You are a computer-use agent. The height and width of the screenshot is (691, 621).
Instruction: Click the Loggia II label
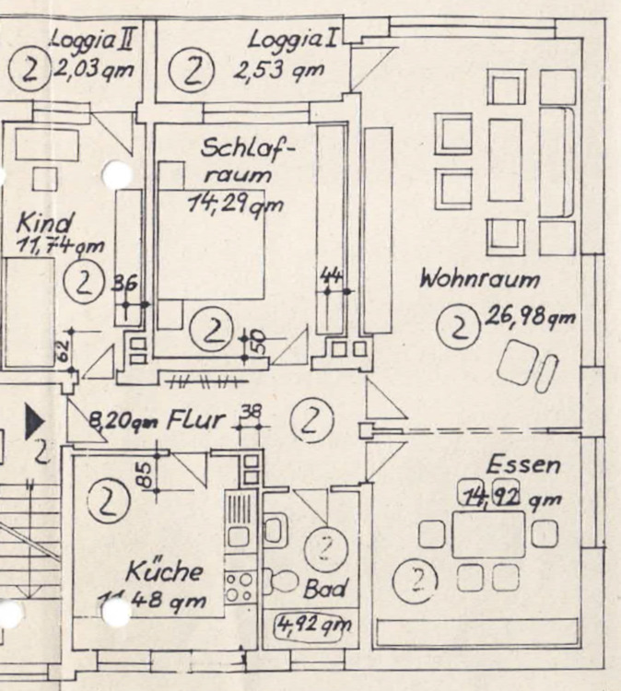pyautogui.click(x=93, y=40)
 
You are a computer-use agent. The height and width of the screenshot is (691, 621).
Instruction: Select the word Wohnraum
pyautogui.click(x=479, y=279)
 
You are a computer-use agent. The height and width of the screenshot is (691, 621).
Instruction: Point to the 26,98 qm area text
pyautogui.click(x=529, y=318)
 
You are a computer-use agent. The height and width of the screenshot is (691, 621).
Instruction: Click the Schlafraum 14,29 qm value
pyautogui.click(x=236, y=205)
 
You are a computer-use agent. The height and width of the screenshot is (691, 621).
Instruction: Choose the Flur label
pyautogui.click(x=194, y=421)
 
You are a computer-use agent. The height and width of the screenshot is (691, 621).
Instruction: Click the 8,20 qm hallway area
pyautogui.click(x=122, y=422)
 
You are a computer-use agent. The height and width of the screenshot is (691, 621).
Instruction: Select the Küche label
pyautogui.click(x=165, y=571)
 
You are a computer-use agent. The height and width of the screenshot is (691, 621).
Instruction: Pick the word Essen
pyautogui.click(x=522, y=464)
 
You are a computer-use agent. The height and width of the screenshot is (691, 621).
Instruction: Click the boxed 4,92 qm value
pyautogui.click(x=313, y=626)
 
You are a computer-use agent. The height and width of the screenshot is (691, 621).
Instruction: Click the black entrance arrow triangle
pyautogui.click(x=34, y=421)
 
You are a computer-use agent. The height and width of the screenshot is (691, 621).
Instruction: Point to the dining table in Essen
pyautogui.click(x=488, y=533)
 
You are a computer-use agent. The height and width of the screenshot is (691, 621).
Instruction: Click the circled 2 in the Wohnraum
pyautogui.click(x=457, y=326)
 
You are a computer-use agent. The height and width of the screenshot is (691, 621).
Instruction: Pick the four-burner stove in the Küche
pyautogui.click(x=240, y=587)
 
